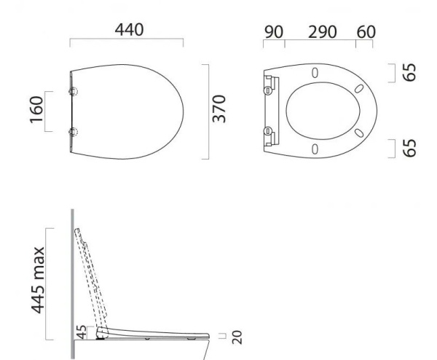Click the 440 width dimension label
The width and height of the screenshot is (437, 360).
(x=130, y=30)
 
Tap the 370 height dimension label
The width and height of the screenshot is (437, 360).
(x=219, y=109)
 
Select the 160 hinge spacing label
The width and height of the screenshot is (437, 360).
(x=36, y=109)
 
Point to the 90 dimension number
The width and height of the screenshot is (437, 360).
(x=274, y=32)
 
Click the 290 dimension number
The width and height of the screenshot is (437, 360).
(x=323, y=32)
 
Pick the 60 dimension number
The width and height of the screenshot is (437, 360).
(x=366, y=32)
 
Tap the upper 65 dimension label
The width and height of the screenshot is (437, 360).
(x=409, y=72)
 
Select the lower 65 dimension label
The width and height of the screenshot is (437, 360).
(x=409, y=148)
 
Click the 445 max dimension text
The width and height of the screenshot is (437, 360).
(x=38, y=281)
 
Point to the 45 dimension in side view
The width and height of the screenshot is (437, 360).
(x=82, y=332)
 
